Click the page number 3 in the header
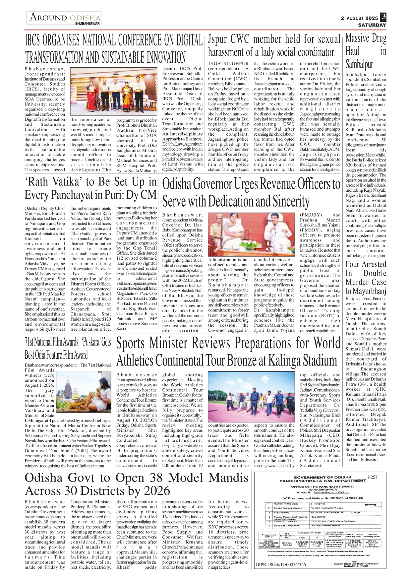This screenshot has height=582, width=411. (x=383, y=17)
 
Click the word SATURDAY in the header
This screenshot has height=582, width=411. (x=372, y=25)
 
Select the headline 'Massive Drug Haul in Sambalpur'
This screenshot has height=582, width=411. (x=366, y=51)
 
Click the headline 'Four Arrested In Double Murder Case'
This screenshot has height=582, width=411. (x=366, y=278)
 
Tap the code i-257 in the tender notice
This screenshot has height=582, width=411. (x=373, y=477)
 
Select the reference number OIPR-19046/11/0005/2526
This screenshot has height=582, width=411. (x=281, y=564)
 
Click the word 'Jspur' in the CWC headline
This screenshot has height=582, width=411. (x=217, y=39)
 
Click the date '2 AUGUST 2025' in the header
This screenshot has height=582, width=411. (x=359, y=18)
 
